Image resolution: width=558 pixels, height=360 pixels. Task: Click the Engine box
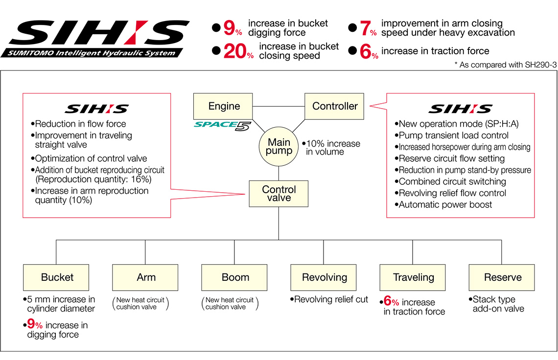point(223,106)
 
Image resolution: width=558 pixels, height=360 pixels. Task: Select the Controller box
point(334,106)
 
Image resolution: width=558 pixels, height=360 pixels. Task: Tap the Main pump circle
point(279,147)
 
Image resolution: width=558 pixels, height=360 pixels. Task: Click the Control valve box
point(279,193)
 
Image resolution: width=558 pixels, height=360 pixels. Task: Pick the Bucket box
point(56,277)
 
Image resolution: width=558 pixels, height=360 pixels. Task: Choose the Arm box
point(145,277)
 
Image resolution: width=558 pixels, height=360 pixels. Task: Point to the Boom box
point(234,277)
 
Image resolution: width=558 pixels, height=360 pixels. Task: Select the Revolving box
point(324,277)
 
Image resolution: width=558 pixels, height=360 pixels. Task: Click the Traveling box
point(413,277)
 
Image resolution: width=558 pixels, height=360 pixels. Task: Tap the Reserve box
point(502,277)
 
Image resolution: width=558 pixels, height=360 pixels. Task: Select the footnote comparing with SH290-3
point(506,65)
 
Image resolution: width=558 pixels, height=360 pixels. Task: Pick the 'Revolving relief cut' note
point(329,299)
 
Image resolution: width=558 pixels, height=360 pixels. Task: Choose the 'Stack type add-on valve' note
point(496,304)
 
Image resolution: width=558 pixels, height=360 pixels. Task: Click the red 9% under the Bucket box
point(35,325)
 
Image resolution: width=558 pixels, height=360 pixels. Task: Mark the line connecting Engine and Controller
point(279,106)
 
